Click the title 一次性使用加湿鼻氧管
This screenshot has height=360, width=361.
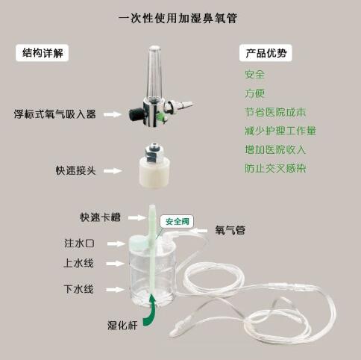pos(178,18)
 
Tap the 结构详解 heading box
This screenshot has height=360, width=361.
pos(42,53)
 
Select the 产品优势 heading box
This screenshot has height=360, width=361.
pos(266,53)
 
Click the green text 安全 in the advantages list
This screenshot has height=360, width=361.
pos(255,74)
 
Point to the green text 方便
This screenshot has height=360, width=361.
pos(255,93)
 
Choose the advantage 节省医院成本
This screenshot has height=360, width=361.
pos(275,112)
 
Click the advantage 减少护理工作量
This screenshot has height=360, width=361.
pos(280,131)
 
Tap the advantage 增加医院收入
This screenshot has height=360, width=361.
pos(275,149)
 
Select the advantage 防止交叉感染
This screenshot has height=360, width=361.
pos(275,168)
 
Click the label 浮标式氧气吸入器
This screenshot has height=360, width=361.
pos(55,114)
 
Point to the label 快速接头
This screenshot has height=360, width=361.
pos(76,170)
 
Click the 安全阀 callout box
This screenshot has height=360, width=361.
pos(177,221)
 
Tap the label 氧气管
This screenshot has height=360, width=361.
pos(230,230)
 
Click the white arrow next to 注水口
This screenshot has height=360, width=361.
pos(116,243)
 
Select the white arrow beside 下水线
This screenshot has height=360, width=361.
pos(115,290)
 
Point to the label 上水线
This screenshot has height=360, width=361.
pos(78,263)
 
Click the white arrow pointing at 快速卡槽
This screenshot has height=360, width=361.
pos(137,218)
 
